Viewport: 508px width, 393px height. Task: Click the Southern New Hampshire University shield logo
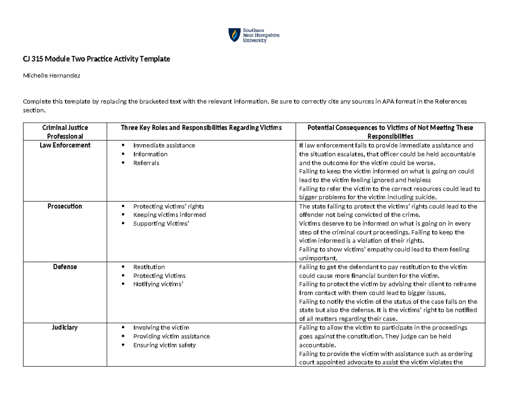coord(233,35)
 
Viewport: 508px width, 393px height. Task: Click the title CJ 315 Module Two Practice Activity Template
coord(96,59)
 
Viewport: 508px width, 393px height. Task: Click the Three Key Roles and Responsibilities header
coord(201,128)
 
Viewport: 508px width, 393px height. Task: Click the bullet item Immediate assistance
coord(164,145)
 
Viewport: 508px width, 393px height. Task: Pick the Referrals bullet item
coord(146,163)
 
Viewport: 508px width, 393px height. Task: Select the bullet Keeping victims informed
coord(169,215)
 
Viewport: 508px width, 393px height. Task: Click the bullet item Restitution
coord(149,267)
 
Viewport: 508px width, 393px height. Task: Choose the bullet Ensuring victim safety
coord(164,345)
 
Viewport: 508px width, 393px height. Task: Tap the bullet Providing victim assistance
coord(171,336)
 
